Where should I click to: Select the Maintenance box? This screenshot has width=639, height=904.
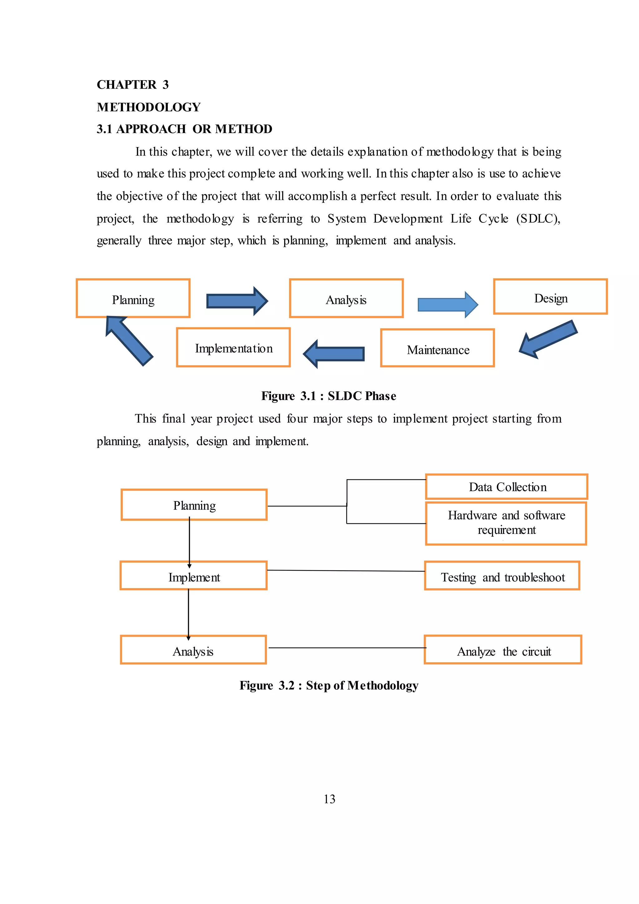[x=437, y=348]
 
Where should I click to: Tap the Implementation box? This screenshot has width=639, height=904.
[x=233, y=347]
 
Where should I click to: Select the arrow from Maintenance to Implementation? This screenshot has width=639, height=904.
[x=334, y=354]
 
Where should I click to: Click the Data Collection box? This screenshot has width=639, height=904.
[x=507, y=487]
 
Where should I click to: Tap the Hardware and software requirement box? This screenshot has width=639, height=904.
[x=506, y=523]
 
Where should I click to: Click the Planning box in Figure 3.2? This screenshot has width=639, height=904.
[x=194, y=505]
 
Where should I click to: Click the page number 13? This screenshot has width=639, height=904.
[x=329, y=799]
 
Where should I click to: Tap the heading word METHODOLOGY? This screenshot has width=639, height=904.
[x=149, y=107]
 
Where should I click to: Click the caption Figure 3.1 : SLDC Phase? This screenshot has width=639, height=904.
[x=329, y=396]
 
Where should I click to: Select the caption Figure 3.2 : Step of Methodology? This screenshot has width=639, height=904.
[x=329, y=685]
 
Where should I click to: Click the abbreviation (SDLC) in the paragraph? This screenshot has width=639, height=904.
[x=538, y=219]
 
